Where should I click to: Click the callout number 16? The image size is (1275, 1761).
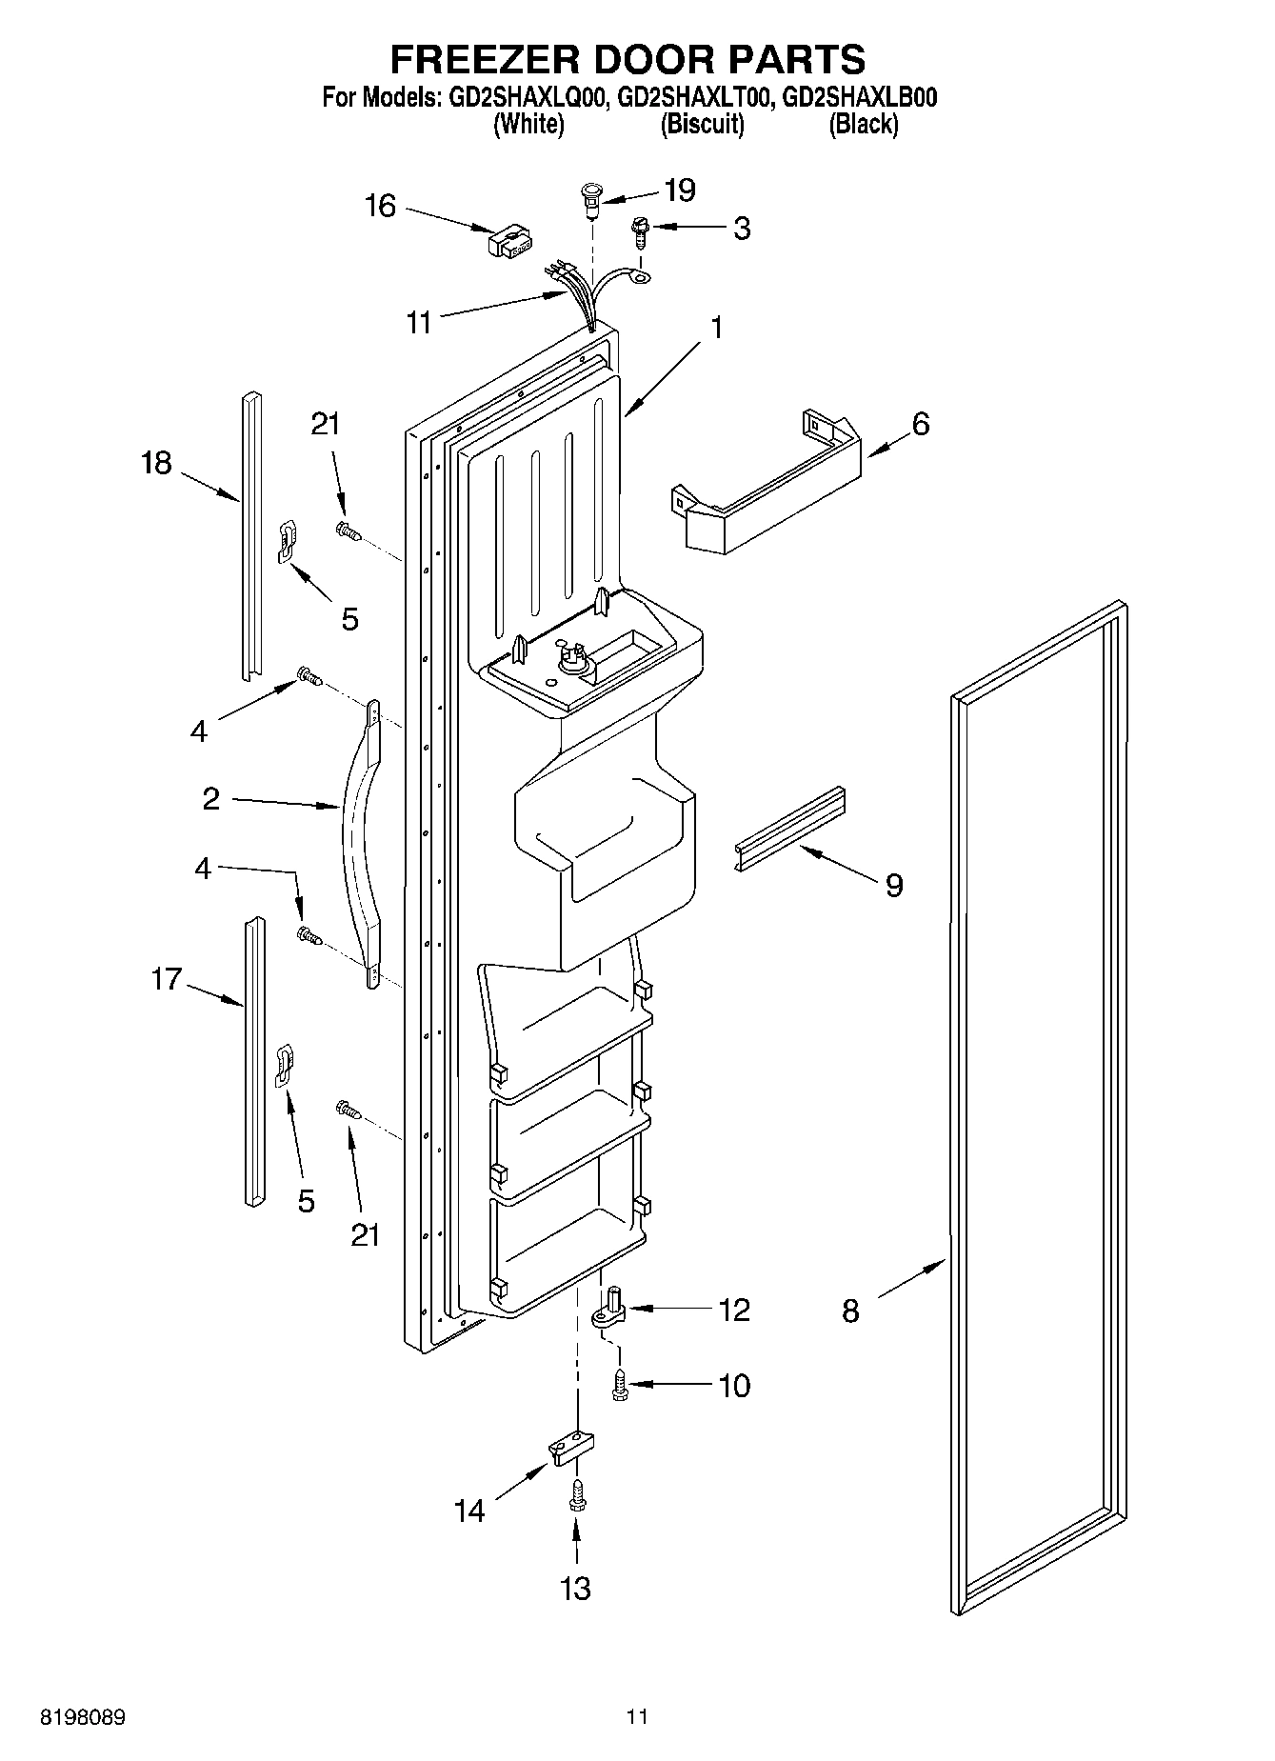coord(380,206)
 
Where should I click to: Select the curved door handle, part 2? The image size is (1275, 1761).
coord(359,838)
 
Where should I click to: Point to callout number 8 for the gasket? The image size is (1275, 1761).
coord(850,1311)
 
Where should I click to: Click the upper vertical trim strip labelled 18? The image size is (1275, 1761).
coord(249,533)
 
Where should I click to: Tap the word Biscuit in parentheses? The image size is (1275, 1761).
coord(703,124)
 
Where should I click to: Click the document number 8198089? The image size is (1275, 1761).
coord(82,1719)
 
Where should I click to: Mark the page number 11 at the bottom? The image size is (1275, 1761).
coord(637,1719)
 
